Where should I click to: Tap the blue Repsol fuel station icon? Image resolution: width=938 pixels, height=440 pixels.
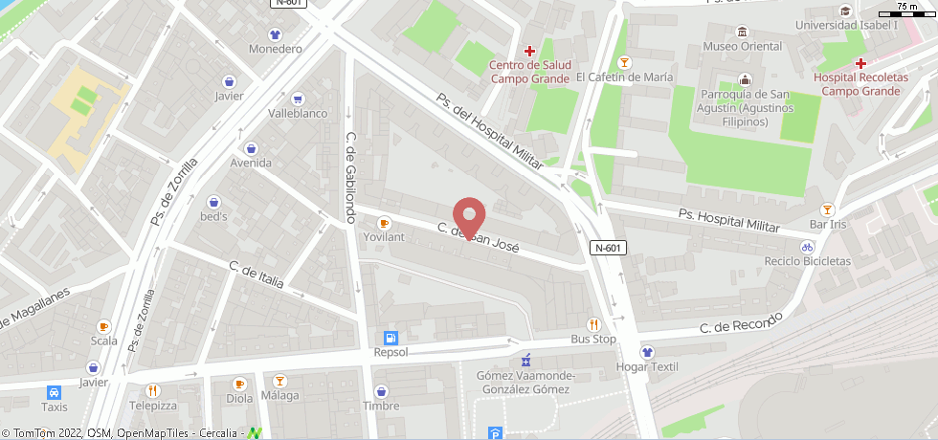tap(391, 338)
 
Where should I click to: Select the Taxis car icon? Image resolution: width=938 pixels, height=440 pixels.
tap(55, 392)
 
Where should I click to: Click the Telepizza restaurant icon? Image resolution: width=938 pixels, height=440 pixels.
tap(153, 390)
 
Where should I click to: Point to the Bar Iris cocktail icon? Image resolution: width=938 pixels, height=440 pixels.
tap(828, 209)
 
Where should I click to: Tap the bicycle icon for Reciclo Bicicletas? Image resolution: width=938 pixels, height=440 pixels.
tap(808, 246)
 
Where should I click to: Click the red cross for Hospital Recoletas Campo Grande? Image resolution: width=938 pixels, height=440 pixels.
tap(861, 62)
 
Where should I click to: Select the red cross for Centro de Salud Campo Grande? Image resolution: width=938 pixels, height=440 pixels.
tap(529, 51)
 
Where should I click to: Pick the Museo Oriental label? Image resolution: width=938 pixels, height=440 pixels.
tap(742, 46)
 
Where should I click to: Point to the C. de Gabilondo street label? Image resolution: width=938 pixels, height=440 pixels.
tap(351, 172)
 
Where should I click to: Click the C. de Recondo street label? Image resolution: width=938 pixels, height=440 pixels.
tap(741, 322)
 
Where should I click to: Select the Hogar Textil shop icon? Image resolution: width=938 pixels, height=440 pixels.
tap(647, 352)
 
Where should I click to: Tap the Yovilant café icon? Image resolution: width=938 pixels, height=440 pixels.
tap(385, 222)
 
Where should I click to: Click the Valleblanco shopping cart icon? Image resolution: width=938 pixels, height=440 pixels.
tap(298, 99)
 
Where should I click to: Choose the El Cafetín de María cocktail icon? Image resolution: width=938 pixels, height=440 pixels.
tap(625, 63)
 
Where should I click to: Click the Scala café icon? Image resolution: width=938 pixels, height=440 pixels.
tap(104, 326)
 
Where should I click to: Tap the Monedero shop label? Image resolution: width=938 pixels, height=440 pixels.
tap(275, 49)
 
